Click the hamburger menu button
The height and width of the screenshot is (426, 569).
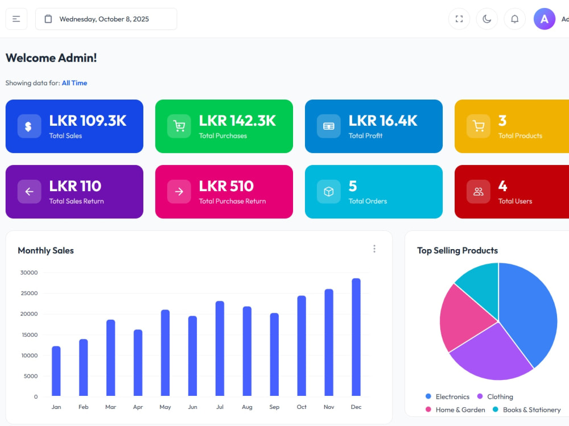17,19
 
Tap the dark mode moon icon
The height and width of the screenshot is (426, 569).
487,19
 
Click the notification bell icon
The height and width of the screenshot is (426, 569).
514,19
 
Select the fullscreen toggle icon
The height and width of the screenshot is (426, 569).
459,19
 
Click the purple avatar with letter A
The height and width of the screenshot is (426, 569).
545,19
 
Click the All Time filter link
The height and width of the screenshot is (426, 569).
75,83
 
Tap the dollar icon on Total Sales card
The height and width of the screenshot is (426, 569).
29,126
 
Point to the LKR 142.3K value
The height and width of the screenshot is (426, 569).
237,121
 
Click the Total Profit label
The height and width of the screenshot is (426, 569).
365,136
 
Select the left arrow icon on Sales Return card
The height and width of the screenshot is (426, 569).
29,192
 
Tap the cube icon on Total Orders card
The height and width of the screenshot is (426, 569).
329,192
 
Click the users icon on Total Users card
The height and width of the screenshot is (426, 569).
479,192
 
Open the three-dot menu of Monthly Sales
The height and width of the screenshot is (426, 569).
374,249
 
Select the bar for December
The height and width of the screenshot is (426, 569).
356,337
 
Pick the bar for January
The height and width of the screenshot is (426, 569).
56,371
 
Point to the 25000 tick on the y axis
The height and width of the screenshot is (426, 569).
29,293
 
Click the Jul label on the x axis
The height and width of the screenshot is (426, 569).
220,407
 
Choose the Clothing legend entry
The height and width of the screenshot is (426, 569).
495,396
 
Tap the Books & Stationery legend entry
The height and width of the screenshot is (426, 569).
526,410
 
